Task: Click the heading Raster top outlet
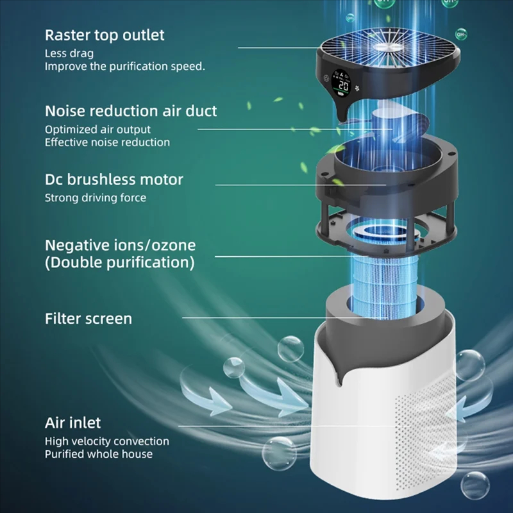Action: (x=105, y=35)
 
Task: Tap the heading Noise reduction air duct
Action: (x=131, y=111)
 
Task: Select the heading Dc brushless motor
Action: (x=114, y=180)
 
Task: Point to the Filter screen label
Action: (x=88, y=319)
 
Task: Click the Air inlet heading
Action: (x=72, y=423)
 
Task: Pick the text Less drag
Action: (x=69, y=53)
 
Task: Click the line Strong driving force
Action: (x=95, y=198)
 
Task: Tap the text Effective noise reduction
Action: (x=107, y=142)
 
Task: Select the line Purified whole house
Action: (x=99, y=454)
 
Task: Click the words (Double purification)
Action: (x=120, y=262)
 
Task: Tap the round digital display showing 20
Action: (x=342, y=83)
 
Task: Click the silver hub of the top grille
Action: (x=388, y=47)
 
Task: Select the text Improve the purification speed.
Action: (x=124, y=67)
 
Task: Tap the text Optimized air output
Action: (x=97, y=130)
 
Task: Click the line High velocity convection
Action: (x=107, y=441)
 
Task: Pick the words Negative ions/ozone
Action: (x=120, y=246)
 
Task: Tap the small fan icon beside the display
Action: (x=357, y=88)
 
